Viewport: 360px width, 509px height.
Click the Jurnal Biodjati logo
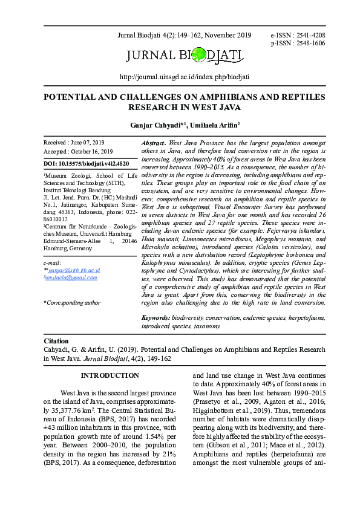point(185,57)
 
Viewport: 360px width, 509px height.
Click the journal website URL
point(185,77)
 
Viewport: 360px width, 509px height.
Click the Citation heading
point(57,341)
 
